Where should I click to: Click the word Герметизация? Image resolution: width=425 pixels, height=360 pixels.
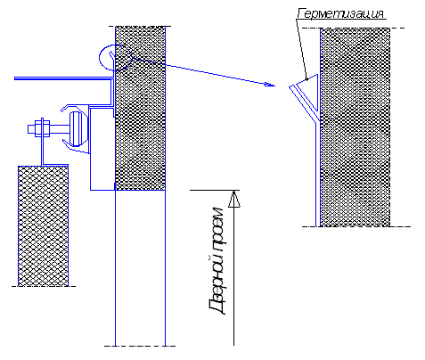(340, 13)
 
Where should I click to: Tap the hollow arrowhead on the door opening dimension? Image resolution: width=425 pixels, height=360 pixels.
(234, 199)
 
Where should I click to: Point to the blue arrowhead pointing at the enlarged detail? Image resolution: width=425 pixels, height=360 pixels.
(270, 85)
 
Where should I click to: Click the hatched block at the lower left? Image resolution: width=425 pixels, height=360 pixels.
(43, 225)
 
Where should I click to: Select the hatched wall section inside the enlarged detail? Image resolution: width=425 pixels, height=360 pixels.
(356, 127)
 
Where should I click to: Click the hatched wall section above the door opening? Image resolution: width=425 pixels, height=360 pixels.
(140, 108)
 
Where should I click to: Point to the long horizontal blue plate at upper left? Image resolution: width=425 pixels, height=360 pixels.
(64, 78)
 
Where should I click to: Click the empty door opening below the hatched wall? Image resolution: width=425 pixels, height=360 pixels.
(140, 267)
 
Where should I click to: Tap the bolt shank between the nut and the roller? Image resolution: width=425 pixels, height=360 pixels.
(60, 128)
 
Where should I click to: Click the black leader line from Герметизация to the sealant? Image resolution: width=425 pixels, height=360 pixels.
(302, 50)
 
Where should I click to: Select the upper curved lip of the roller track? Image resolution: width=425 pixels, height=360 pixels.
(74, 107)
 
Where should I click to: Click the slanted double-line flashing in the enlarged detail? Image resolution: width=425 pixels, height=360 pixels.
(304, 103)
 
